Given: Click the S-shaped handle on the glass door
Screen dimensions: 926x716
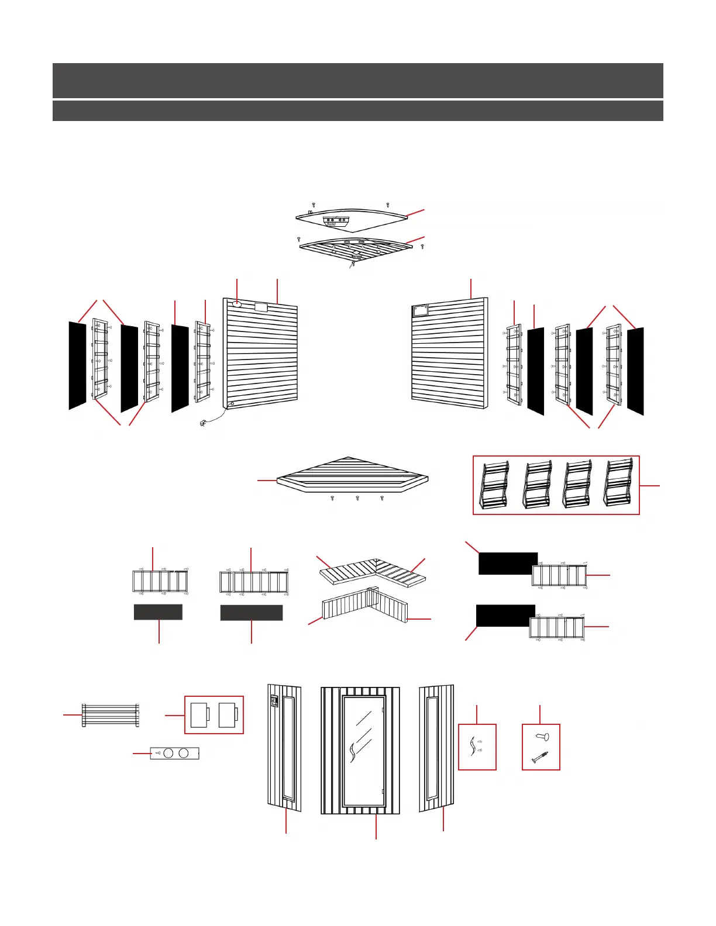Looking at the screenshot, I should [353, 751].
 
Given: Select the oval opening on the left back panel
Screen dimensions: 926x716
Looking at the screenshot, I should [237, 304].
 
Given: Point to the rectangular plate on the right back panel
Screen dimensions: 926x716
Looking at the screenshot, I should [421, 311].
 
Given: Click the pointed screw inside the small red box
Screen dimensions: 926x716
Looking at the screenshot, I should [539, 757].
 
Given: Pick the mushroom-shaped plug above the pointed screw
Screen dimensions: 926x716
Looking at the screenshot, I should [542, 738].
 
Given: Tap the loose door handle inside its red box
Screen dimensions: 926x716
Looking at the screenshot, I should [473, 747].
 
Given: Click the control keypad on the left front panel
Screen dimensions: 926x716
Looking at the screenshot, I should [273, 701].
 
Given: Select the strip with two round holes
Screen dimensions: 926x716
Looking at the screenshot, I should [175, 753].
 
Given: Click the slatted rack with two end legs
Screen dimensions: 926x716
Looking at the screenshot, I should [111, 714].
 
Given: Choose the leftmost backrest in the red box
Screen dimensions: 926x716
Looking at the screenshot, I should [494, 485].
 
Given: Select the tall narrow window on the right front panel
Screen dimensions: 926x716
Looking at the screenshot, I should [432, 748].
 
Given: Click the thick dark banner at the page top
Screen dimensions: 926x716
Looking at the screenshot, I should [357, 80].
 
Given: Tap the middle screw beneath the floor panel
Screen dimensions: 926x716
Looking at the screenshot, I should [357, 499].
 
